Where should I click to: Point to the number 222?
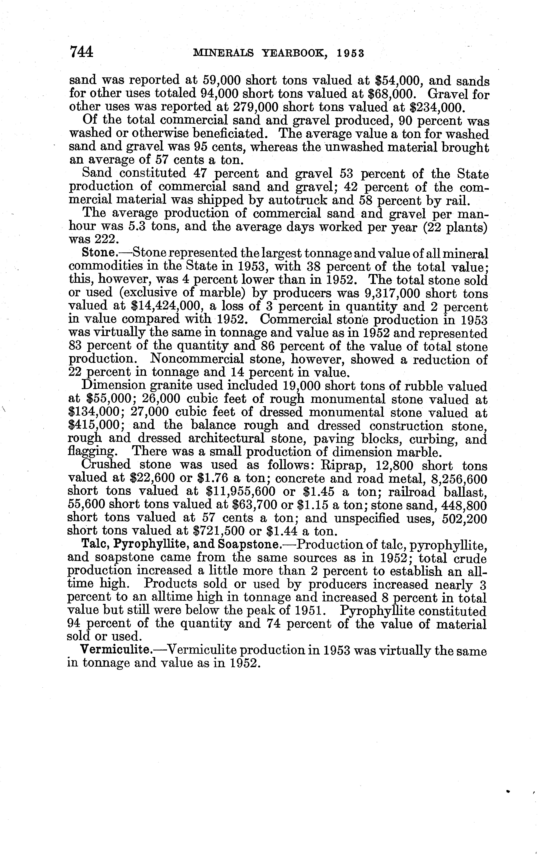103,240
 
